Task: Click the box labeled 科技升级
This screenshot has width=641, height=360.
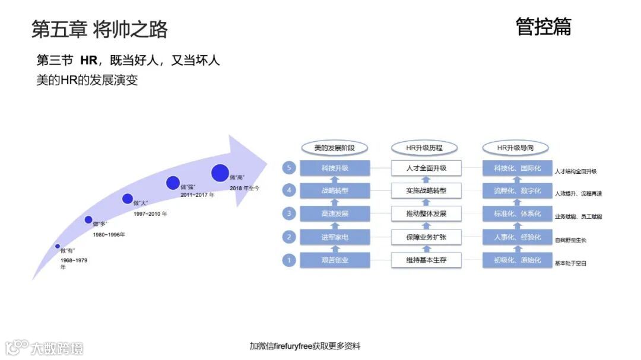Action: [x=335, y=168]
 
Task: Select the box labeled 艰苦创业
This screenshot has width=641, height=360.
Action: [x=335, y=260]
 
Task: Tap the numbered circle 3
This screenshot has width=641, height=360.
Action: [x=289, y=214]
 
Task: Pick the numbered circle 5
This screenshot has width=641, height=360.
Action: [x=289, y=168]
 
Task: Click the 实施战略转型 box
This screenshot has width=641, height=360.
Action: [x=426, y=191]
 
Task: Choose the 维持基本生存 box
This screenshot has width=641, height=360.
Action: [x=426, y=260]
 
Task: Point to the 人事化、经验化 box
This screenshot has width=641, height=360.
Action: [x=517, y=237]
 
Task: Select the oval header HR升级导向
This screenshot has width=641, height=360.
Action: [x=515, y=148]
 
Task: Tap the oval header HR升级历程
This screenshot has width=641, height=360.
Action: [x=424, y=148]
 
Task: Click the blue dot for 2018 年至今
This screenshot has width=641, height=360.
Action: [x=220, y=173]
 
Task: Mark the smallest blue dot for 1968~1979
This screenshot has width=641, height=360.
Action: [x=58, y=246]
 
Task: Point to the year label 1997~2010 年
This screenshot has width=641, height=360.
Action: [x=150, y=214]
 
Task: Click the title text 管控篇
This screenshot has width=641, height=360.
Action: [x=543, y=27]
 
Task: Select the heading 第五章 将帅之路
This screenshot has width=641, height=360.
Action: [x=100, y=29]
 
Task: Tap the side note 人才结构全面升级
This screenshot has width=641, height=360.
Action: [x=575, y=171]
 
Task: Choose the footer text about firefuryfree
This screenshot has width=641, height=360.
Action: [x=304, y=346]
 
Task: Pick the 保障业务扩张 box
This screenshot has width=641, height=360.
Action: [x=426, y=237]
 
